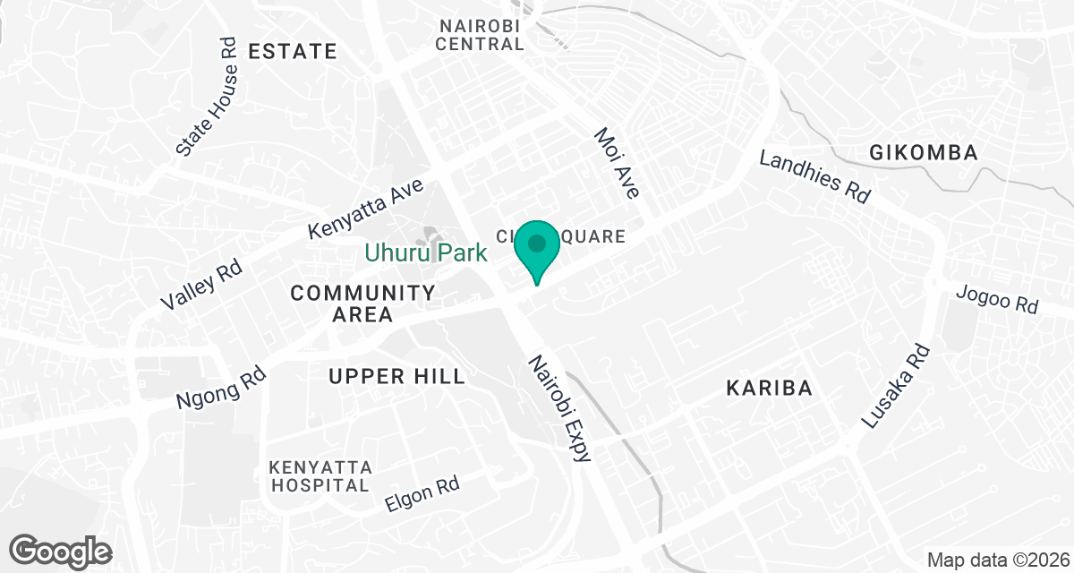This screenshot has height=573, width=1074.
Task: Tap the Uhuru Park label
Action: pyautogui.click(x=425, y=253)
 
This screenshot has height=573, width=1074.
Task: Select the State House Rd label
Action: pyautogui.click(x=207, y=97)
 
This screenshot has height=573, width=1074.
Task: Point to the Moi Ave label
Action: pyautogui.click(x=618, y=162)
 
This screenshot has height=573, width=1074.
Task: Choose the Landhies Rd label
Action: pyautogui.click(x=814, y=176)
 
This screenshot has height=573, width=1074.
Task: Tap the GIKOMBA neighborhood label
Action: pyautogui.click(x=923, y=153)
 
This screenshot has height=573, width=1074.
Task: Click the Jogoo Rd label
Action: pyautogui.click(x=996, y=299)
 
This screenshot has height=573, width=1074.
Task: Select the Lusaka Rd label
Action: pyautogui.click(x=896, y=386)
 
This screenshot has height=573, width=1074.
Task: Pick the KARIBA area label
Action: pyautogui.click(x=769, y=389)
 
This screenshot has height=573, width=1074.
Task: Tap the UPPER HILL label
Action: pyautogui.click(x=396, y=376)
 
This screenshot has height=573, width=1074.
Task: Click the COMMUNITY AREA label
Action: pyautogui.click(x=362, y=304)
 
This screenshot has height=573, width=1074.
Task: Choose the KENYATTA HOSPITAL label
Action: pyautogui.click(x=320, y=476)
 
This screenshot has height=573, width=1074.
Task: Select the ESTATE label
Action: pyautogui.click(x=293, y=51)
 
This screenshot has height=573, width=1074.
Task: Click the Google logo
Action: pyautogui.click(x=61, y=550)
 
